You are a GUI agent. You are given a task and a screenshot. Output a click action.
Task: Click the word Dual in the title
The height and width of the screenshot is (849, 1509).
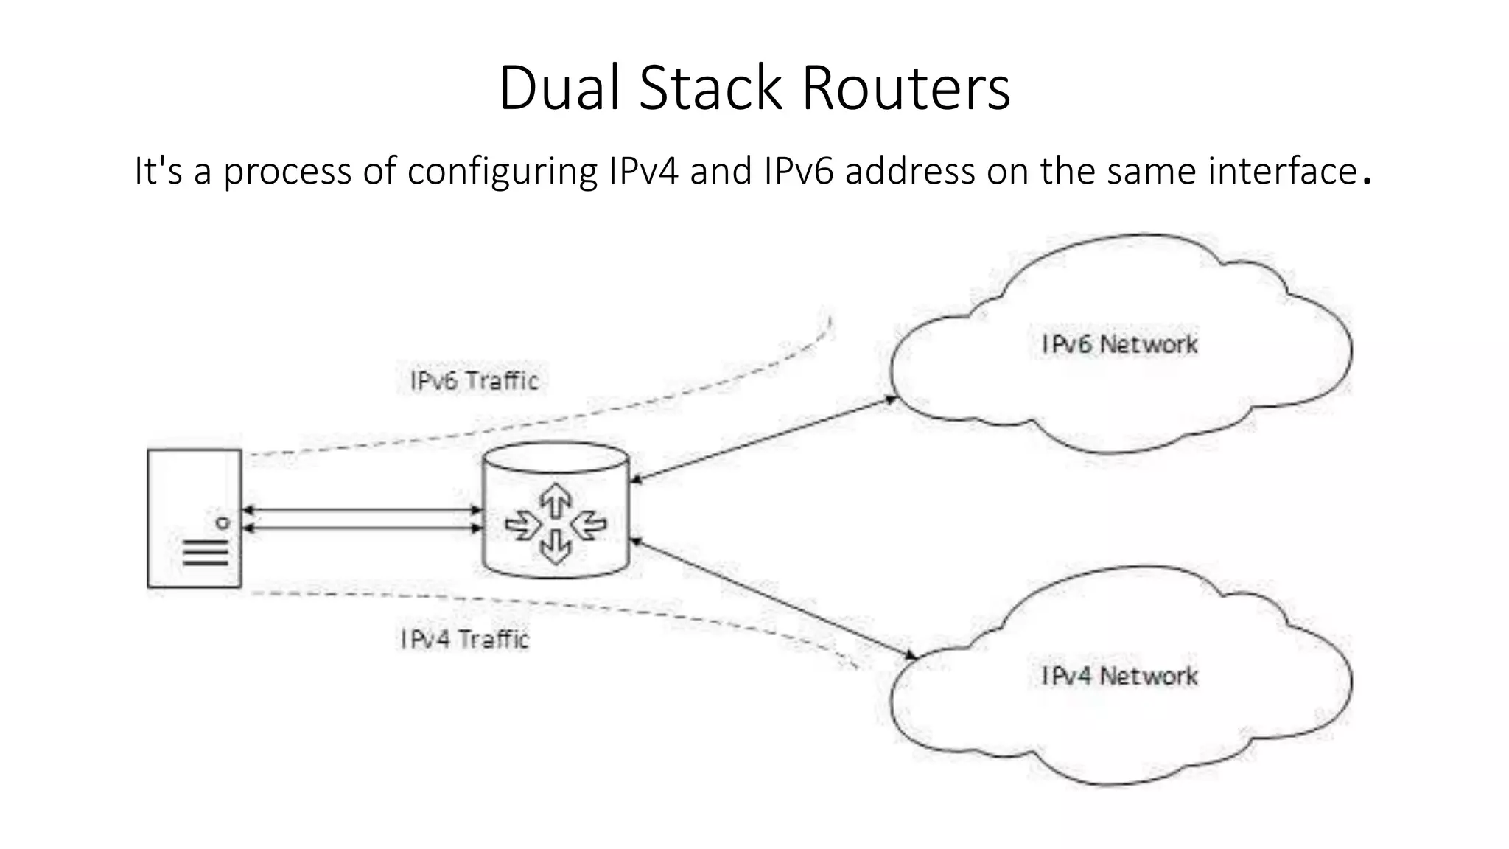tap(559, 88)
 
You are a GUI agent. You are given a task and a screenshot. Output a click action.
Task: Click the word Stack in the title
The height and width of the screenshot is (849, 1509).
tap(710, 88)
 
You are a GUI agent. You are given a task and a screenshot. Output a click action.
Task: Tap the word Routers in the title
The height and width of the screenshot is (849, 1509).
tap(906, 88)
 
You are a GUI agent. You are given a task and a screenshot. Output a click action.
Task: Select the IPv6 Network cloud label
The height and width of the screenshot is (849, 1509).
tap(1119, 344)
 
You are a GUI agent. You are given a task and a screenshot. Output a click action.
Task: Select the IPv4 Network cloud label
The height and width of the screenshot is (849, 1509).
tap(1119, 676)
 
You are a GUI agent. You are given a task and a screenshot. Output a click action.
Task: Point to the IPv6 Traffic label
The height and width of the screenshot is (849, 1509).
tap(475, 381)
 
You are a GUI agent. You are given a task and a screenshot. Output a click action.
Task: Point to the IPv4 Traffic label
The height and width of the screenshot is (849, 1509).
tap(465, 639)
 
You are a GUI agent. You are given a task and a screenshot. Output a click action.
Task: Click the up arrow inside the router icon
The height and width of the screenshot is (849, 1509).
tap(556, 502)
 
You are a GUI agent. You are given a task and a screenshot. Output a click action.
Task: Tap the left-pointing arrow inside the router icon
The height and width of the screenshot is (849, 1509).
tap(589, 525)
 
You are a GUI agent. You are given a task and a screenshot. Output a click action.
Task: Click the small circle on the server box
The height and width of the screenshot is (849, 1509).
tap(223, 523)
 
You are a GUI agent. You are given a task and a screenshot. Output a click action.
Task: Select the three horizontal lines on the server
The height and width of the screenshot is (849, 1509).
tap(206, 553)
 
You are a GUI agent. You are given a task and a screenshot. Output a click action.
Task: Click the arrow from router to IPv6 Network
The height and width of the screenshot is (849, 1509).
tap(763, 440)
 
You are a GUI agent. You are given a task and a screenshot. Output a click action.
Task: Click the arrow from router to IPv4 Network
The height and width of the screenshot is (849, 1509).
tap(774, 598)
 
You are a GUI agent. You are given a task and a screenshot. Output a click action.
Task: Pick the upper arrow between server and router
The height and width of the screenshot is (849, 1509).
tap(362, 509)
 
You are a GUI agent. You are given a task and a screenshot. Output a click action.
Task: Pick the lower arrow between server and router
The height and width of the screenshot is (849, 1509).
tap(362, 528)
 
